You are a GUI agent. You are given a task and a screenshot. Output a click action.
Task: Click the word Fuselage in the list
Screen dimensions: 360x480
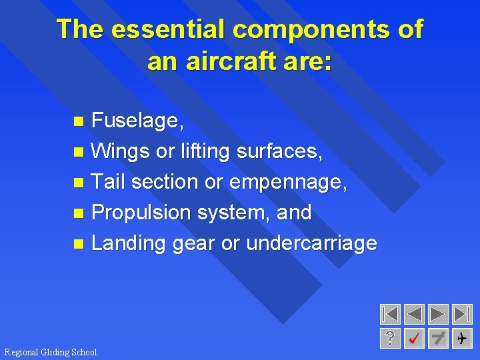coord(137,121)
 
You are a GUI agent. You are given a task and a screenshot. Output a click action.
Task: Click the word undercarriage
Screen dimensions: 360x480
coord(311,243)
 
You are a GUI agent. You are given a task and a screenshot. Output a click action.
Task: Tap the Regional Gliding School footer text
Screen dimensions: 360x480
coord(51,352)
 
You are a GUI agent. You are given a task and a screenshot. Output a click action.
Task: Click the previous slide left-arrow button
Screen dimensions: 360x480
coord(414,314)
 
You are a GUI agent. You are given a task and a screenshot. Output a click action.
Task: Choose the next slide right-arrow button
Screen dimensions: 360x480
coord(438,314)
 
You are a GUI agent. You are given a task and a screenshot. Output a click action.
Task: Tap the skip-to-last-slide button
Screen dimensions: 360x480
coord(461,314)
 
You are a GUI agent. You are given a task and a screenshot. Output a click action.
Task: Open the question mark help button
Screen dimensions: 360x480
coord(390,339)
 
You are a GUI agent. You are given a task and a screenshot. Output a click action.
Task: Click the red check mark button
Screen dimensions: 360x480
coord(414,339)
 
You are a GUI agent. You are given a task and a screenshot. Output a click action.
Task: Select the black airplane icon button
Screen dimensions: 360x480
coord(461,339)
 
